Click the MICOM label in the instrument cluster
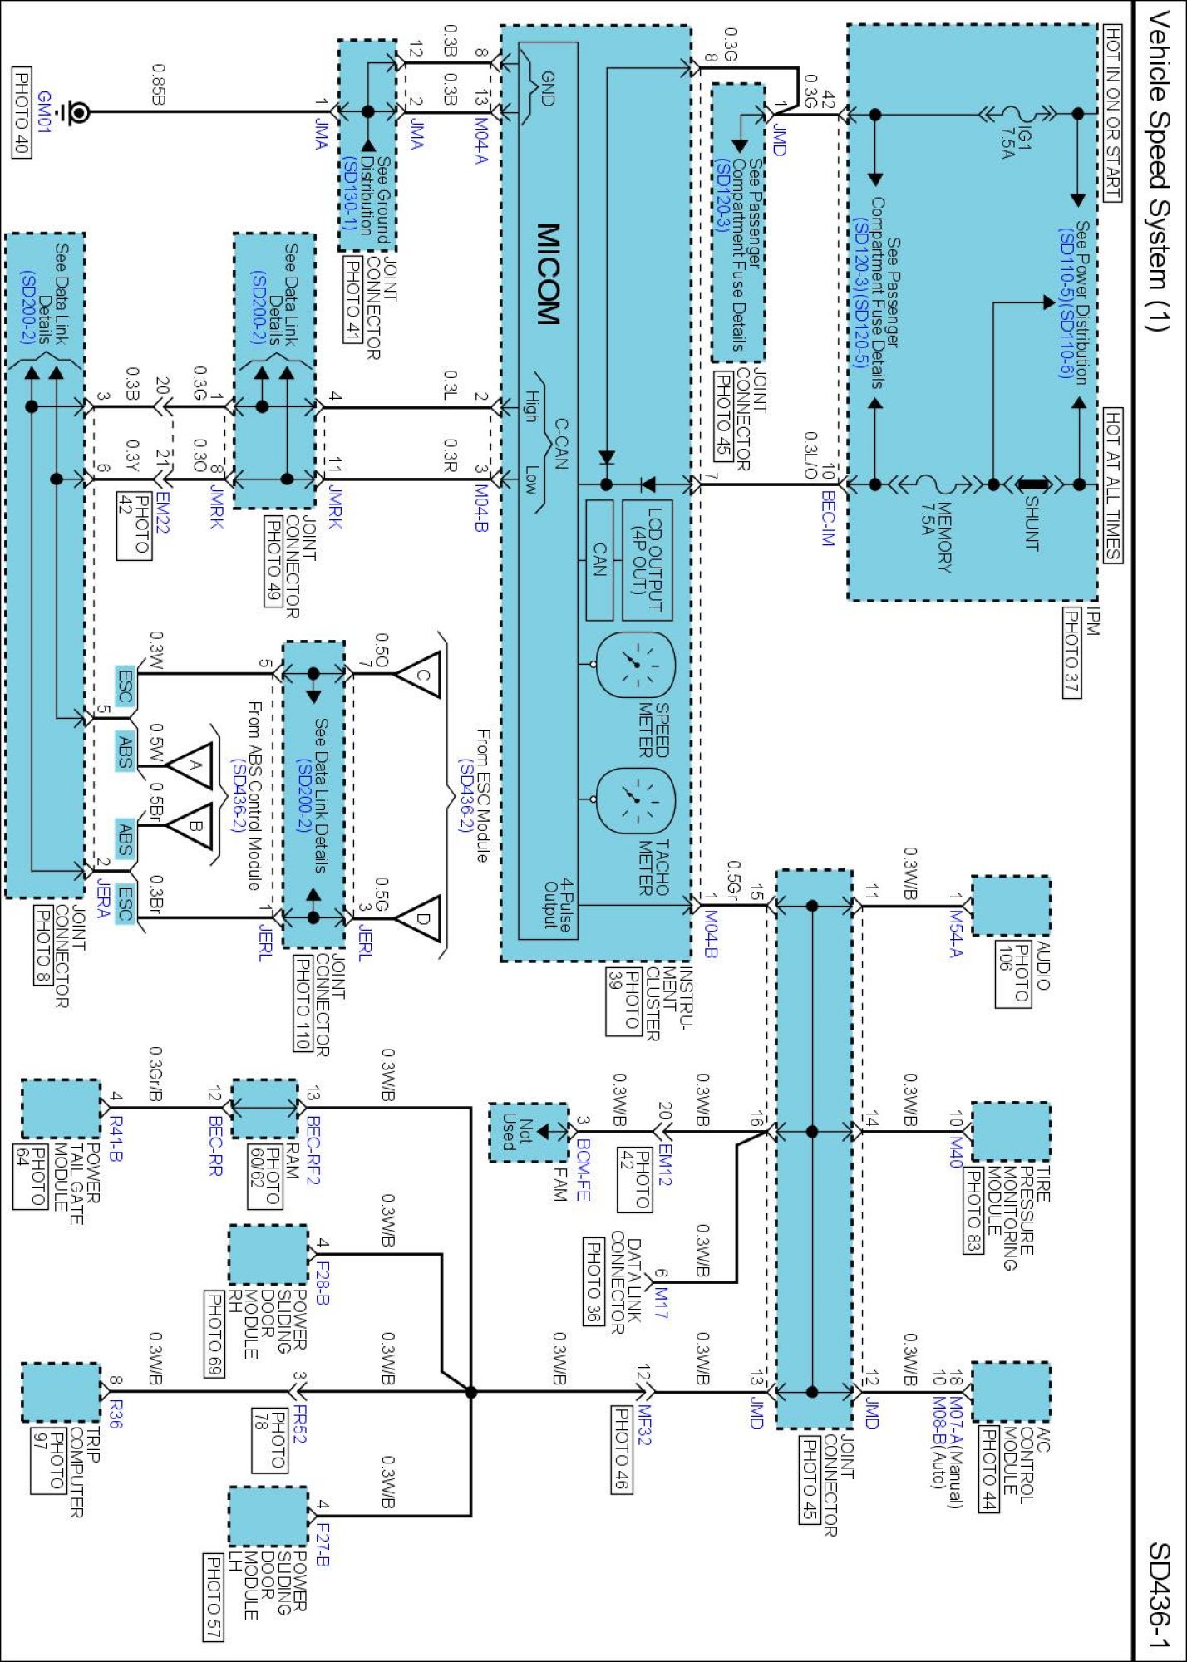pos(548,273)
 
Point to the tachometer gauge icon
pos(636,799)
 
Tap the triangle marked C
pos(418,674)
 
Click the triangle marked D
pos(418,918)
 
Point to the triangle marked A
pos(190,765)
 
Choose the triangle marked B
pos(190,826)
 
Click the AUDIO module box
pos(1010,906)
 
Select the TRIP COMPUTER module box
pos(60,1392)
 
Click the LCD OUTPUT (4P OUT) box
pos(648,560)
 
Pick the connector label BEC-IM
pos(827,519)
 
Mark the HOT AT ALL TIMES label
pos(1113,485)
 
